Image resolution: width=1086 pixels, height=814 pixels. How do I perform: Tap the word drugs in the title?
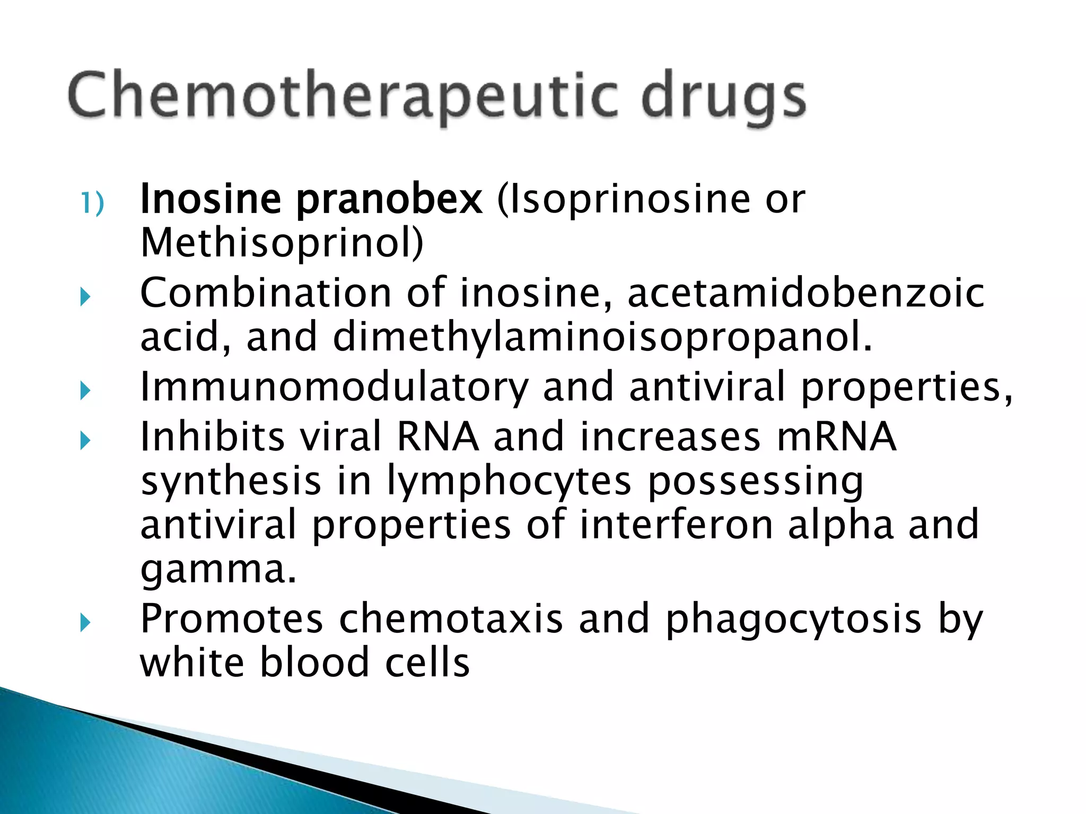[723, 99]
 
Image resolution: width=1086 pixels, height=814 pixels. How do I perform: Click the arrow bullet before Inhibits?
[85, 440]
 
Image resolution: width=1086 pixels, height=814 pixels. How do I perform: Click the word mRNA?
[836, 437]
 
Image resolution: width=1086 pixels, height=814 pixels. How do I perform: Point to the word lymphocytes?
[509, 482]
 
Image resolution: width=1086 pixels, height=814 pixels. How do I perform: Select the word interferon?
[676, 525]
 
